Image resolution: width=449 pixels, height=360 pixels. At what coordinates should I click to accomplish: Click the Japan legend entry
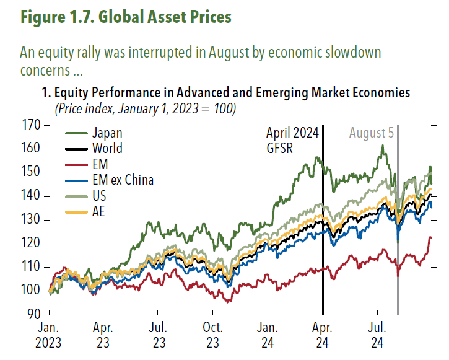(x=107, y=133)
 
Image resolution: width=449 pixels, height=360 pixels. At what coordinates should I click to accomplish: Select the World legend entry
(x=107, y=149)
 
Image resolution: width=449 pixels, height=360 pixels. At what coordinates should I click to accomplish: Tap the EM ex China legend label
(x=123, y=180)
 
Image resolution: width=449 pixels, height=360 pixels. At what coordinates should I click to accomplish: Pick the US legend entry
(x=99, y=196)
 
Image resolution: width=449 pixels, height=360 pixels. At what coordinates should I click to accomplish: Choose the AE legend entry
(x=99, y=212)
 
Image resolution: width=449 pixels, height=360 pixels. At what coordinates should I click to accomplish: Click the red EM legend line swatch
(x=76, y=165)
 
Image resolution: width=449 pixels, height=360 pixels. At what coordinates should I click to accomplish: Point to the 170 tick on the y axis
(x=34, y=125)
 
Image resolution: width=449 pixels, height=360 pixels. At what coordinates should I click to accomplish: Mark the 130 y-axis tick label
(x=34, y=220)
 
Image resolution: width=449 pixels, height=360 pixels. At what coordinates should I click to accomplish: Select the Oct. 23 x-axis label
(x=212, y=334)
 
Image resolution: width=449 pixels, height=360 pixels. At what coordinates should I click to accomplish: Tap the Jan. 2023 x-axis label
(x=49, y=334)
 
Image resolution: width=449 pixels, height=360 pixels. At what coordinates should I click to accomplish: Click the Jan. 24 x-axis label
(x=267, y=334)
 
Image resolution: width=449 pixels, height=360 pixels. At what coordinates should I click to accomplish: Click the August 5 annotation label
(x=371, y=133)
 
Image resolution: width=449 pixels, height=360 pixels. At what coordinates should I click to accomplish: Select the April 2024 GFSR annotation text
(x=292, y=141)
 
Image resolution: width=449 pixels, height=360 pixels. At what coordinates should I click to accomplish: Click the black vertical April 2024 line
(x=323, y=248)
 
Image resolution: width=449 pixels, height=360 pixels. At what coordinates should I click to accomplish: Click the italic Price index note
(x=145, y=108)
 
